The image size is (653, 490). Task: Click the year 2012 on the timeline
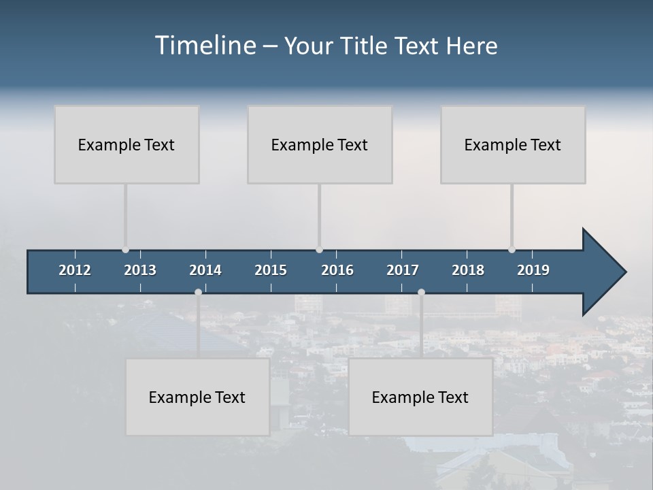[x=75, y=270]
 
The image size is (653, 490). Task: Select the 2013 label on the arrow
[x=140, y=270]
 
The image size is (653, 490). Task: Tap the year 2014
[x=205, y=270]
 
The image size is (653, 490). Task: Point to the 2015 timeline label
[x=271, y=270]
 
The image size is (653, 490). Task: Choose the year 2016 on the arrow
[x=337, y=270]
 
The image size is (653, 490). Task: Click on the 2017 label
[x=403, y=270]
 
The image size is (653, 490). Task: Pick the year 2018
[x=468, y=270]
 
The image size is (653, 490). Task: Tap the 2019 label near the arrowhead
[x=533, y=270]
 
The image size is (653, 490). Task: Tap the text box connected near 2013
[x=127, y=144]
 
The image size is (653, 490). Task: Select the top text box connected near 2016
[x=320, y=144]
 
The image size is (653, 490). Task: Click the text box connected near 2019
[x=513, y=144]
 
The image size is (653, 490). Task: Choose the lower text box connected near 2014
[x=197, y=397]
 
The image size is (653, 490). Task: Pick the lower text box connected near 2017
[x=420, y=397]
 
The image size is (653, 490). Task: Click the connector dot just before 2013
[x=125, y=250]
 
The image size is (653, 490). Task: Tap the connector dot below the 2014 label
[x=198, y=293]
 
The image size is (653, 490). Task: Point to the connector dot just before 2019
[x=512, y=250]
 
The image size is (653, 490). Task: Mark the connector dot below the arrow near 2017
[x=421, y=293]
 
